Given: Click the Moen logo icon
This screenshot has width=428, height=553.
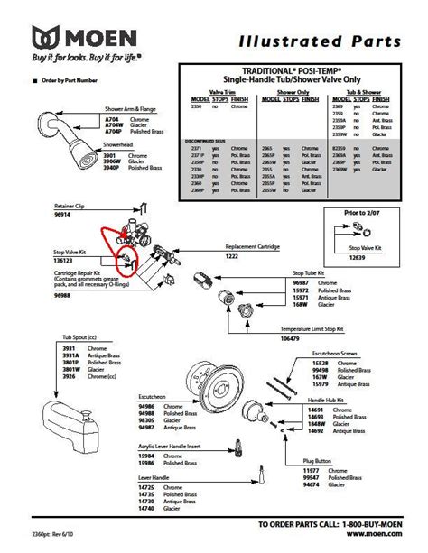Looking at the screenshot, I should pos(48,39).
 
